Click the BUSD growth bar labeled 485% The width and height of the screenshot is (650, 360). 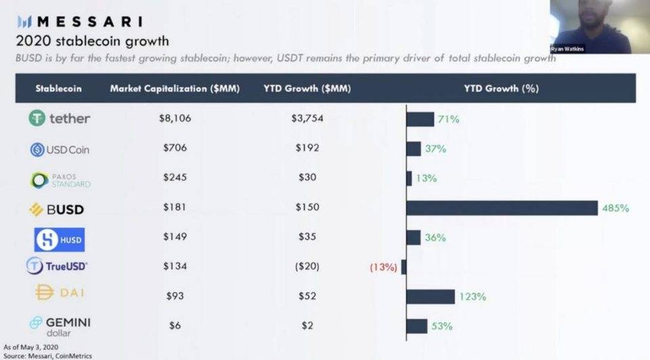point(502,208)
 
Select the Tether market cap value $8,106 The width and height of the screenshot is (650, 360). point(175,118)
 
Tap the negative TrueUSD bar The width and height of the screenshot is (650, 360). point(404,267)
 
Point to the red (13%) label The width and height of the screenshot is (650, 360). point(383,267)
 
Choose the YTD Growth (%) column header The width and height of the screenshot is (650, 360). point(501,89)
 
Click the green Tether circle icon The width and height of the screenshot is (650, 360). point(37,118)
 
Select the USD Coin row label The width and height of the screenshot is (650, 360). point(60,149)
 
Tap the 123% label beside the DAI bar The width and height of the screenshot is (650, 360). point(473,296)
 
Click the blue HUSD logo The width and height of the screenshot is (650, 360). point(60,239)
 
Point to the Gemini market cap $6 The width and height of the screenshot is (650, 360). point(175,325)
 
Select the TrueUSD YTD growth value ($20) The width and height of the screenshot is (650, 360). point(307,266)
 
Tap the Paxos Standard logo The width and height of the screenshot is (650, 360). point(60,179)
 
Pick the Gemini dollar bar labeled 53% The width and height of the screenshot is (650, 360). point(416,326)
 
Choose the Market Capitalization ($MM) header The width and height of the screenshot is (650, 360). point(175,89)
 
